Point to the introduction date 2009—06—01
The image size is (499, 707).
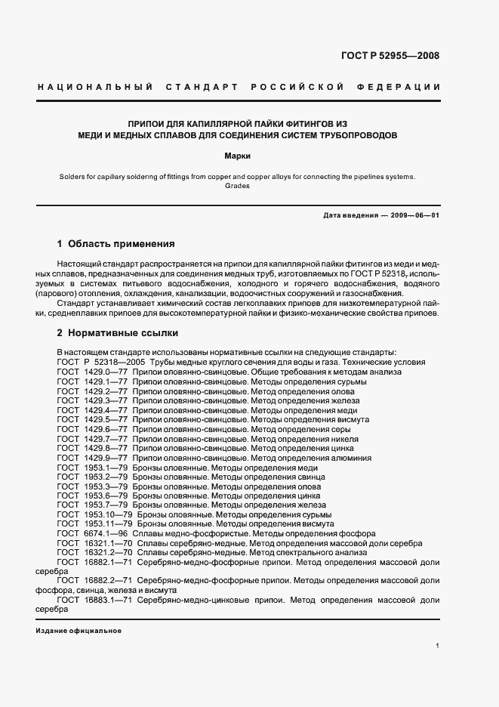[414, 215]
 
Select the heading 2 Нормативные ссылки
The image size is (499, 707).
[119, 332]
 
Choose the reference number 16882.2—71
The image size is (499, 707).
[109, 580]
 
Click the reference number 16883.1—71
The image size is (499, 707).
[109, 599]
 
